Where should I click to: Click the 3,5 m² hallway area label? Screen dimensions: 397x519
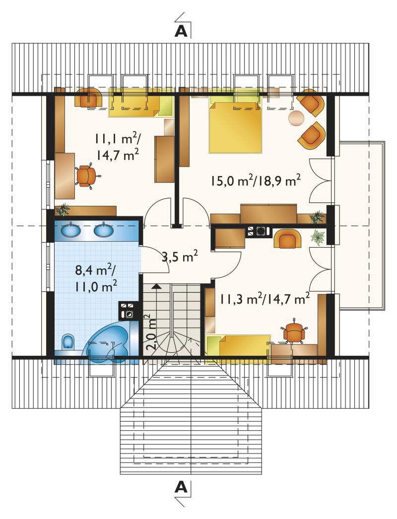[x=180, y=257]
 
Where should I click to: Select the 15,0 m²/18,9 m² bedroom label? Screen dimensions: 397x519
[x=255, y=181]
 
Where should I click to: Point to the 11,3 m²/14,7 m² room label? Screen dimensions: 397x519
[x=265, y=299]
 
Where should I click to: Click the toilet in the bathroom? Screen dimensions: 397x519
[x=68, y=342]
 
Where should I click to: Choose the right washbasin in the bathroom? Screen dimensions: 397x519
[x=104, y=229]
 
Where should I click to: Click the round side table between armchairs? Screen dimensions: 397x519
[x=296, y=118]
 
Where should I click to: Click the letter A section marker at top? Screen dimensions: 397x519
[x=181, y=31]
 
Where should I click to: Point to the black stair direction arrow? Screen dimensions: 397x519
[x=155, y=286]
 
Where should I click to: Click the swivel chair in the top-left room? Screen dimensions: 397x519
[x=87, y=176]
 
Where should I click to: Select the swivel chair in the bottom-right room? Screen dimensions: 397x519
[x=294, y=330]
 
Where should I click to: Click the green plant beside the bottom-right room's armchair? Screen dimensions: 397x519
[x=318, y=237]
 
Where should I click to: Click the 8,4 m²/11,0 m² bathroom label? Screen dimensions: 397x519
[x=96, y=278]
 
